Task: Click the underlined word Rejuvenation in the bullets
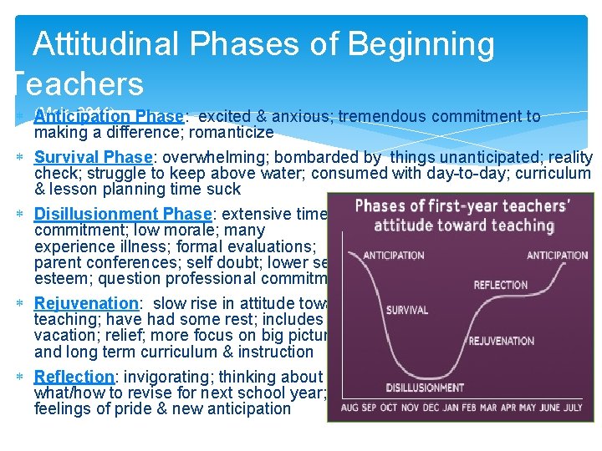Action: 86,303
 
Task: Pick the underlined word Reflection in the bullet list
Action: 74,377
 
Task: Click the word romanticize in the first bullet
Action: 231,132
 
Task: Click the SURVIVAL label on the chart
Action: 407,310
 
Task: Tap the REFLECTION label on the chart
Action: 501,285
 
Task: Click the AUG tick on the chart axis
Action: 349,408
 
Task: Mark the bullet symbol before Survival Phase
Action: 19,158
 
